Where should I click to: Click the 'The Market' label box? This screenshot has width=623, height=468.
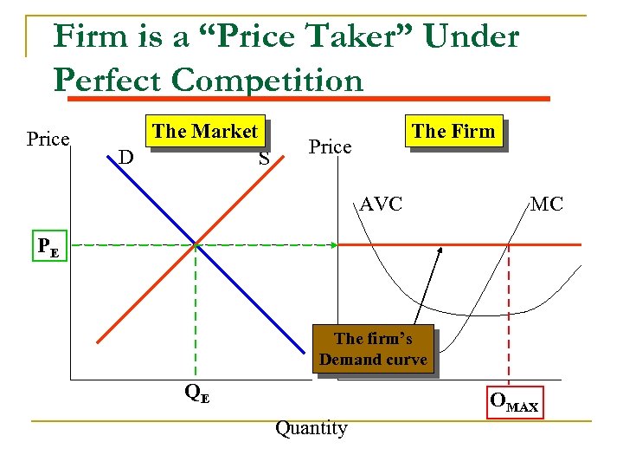pos(205,132)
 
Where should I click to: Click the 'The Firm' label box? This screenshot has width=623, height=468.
pos(453,132)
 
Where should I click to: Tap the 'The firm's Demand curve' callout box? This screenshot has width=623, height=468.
pos(373,349)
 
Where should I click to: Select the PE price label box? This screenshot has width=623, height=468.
pos(48,245)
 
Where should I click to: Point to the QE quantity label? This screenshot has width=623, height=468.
pos(197,393)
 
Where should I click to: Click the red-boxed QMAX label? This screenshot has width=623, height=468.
pos(514,402)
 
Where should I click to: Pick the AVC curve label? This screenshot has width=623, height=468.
pos(382,205)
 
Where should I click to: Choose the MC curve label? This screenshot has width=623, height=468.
pos(546,205)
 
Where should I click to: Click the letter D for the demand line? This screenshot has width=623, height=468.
pos(125,157)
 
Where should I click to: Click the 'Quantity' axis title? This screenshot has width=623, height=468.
pos(311,428)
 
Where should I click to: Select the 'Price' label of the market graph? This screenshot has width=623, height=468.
pos(48,139)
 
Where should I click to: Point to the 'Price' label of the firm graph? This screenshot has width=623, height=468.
pos(331,146)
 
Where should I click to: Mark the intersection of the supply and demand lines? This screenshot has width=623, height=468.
pos(196,245)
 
